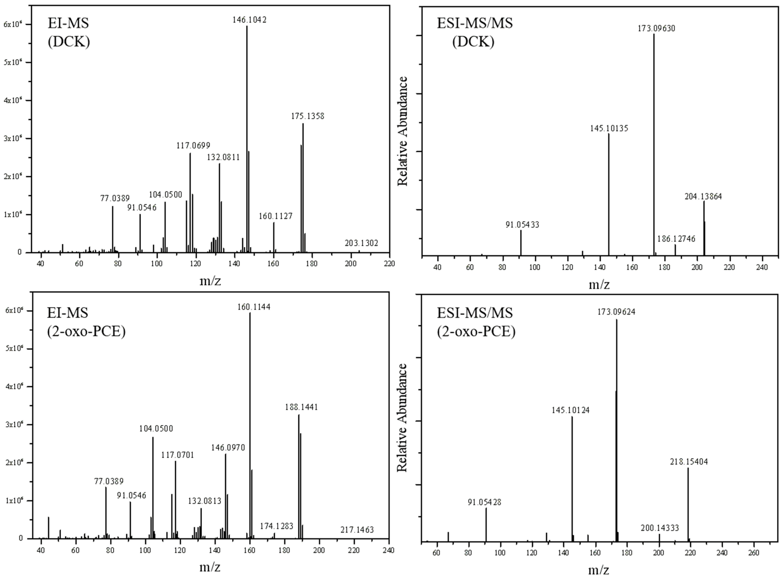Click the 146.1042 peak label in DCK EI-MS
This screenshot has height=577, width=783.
[x=250, y=20]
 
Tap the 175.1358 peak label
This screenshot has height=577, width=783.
[x=308, y=116]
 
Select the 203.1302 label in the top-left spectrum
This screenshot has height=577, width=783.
[x=361, y=243]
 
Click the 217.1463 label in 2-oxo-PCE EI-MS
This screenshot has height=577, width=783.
[x=357, y=530]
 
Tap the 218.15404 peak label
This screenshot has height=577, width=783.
[x=689, y=462]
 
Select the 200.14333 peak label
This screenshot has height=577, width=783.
[x=660, y=528]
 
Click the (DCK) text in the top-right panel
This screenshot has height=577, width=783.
[x=473, y=42]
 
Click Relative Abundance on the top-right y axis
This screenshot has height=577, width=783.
[x=403, y=131]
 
